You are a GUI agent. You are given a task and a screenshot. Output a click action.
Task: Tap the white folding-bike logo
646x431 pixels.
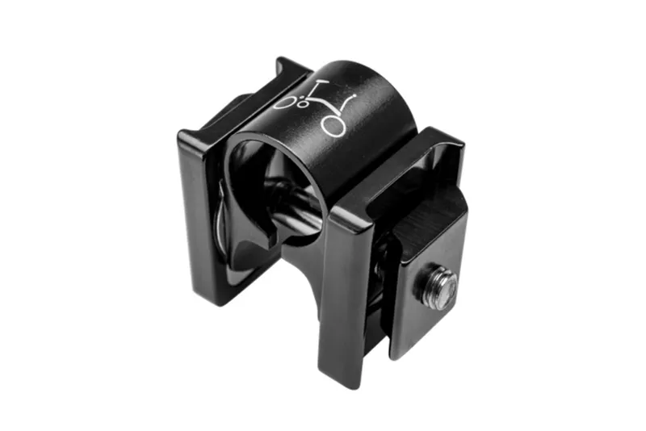click(x=320, y=106)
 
